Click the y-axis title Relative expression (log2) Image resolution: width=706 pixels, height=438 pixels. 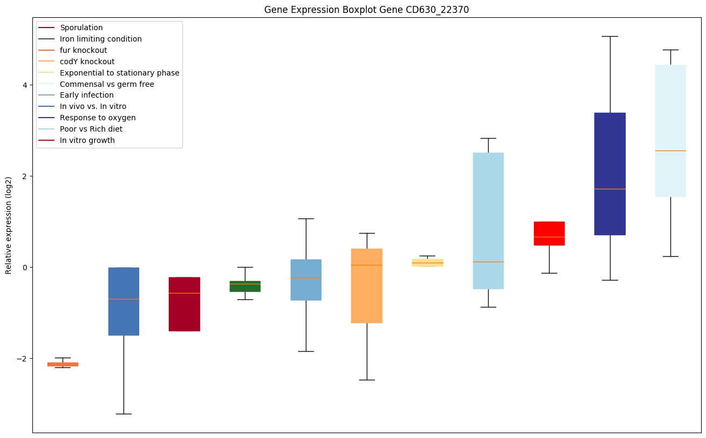pos(8,225)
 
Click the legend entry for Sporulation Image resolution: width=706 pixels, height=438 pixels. pos(81,28)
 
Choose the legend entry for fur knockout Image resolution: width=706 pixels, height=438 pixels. pos(84,50)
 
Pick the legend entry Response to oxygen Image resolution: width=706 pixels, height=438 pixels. pos(98,118)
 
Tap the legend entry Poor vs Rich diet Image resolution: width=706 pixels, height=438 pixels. pos(91,129)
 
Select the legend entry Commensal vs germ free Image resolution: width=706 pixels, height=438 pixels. pos(107,84)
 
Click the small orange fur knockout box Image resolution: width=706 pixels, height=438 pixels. pos(63,364)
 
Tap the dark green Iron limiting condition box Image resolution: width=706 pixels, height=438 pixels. pos(245,286)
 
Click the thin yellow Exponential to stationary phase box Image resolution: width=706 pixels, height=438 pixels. pos(427,262)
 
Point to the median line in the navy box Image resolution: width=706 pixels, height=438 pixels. pos(609,189)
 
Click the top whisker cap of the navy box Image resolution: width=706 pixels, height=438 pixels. pos(609,36)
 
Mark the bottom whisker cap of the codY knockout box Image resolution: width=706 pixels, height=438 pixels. pos(367,380)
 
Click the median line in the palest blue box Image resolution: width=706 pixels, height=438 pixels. pos(670,150)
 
